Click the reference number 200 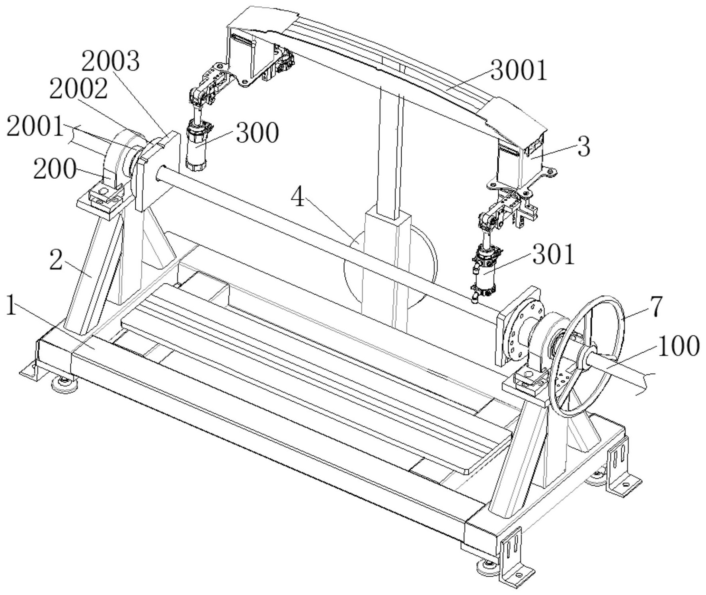[x=55, y=170]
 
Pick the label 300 [x=257, y=133]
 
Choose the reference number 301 [x=554, y=255]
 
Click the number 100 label [x=678, y=346]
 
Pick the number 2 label [x=56, y=261]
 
